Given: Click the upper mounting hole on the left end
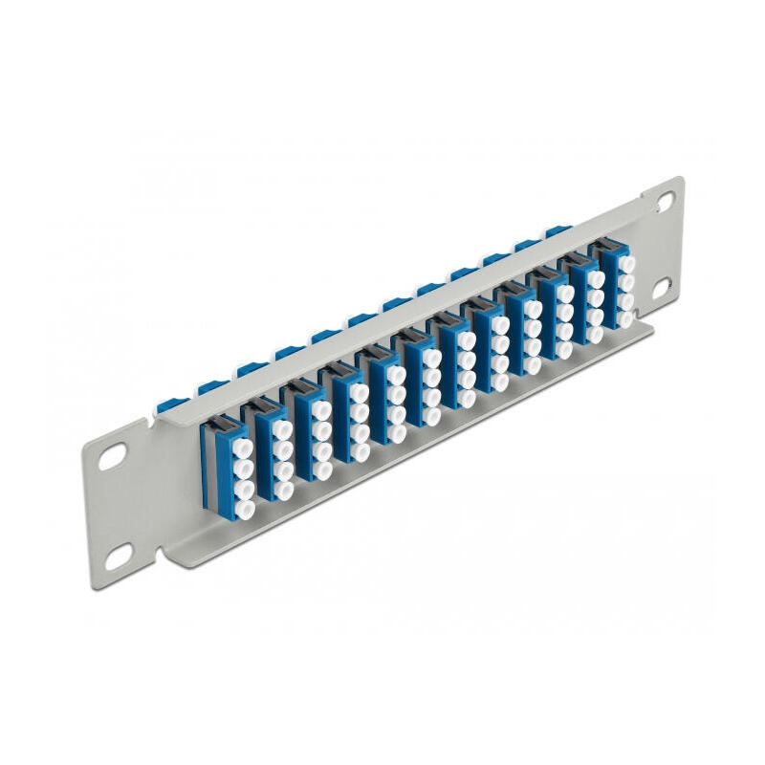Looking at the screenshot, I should pos(114,457).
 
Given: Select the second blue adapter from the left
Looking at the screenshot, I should pos(272,444).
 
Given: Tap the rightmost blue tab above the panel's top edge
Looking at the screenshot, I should pos(557,231).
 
